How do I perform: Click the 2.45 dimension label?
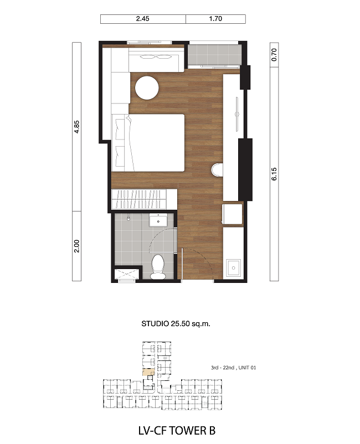click(142, 19)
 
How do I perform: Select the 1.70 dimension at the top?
click(215, 19)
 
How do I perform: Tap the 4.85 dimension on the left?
click(76, 127)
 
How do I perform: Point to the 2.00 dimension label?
click(76, 246)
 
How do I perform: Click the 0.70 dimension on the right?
click(274, 55)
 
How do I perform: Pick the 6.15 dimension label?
click(274, 174)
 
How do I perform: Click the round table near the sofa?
click(147, 88)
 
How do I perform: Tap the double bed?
click(148, 143)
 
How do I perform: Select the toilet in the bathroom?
click(157, 267)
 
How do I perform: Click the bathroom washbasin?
click(158, 220)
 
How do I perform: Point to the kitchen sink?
click(233, 268)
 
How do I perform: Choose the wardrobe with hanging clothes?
click(145, 199)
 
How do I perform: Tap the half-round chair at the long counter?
click(217, 170)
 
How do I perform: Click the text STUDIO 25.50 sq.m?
click(176, 323)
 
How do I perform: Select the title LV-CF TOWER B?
click(177, 430)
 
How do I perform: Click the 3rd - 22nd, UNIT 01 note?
click(233, 368)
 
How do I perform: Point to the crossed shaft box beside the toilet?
click(127, 274)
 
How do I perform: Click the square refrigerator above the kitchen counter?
click(233, 214)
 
